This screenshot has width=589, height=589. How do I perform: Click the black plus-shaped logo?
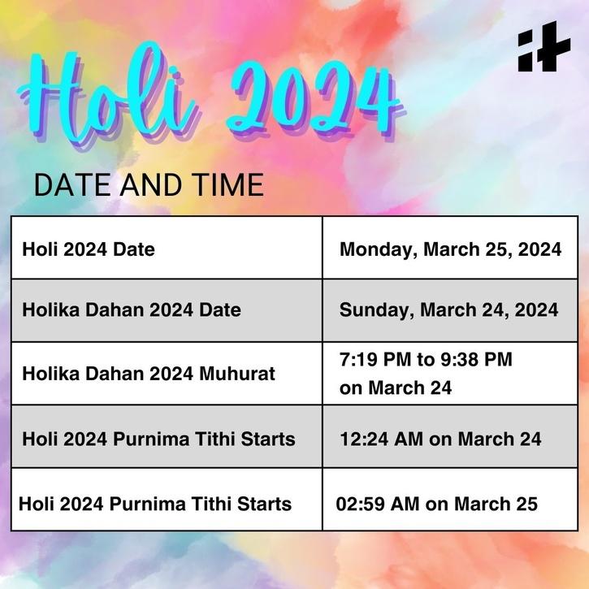(544, 46)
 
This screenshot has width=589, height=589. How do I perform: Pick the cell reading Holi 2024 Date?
(89, 249)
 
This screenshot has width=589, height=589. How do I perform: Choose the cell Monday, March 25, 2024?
(450, 249)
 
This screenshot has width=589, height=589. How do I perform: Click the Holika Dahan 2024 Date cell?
(132, 310)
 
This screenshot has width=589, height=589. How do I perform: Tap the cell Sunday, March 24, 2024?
(448, 310)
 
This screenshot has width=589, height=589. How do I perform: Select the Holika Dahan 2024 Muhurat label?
(149, 374)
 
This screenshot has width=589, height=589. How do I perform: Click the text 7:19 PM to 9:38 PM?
(426, 360)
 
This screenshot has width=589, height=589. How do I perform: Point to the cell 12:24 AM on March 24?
(440, 439)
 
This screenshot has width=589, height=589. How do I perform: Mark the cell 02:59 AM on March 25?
(437, 504)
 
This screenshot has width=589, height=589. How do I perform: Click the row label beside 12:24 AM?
(159, 439)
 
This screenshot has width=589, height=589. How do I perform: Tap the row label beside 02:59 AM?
(155, 504)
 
